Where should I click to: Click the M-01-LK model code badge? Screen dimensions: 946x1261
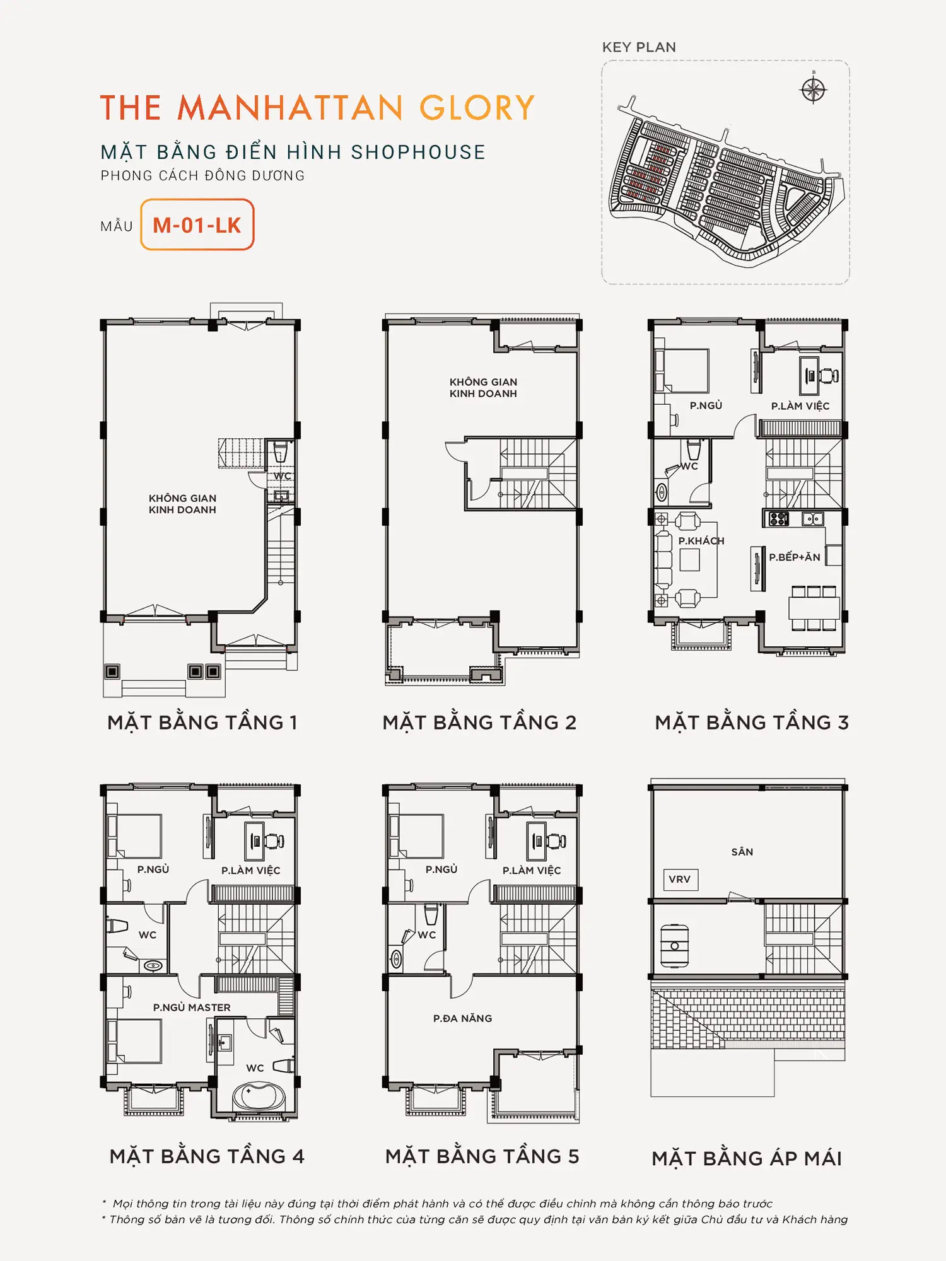(197, 224)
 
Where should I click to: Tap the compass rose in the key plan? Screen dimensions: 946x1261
(813, 90)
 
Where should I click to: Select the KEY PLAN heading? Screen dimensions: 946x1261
(639, 47)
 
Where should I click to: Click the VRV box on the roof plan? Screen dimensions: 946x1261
(680, 879)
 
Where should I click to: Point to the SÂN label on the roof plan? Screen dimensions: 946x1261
(742, 852)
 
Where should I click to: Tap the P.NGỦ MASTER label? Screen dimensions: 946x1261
(192, 1008)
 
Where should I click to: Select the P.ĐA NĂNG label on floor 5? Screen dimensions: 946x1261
(462, 1018)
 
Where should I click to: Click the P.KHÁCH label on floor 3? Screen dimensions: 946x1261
(701, 541)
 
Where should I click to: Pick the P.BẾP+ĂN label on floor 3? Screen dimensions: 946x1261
(795, 557)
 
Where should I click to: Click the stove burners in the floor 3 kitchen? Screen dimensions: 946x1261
(779, 519)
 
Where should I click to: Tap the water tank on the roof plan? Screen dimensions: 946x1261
(674, 946)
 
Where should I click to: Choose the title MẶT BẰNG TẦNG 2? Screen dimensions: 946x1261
(479, 722)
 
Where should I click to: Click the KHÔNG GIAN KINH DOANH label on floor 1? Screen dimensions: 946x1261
(182, 504)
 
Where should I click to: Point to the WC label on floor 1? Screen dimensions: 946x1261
(282, 476)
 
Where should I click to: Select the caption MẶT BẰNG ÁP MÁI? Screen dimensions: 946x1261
(747, 1158)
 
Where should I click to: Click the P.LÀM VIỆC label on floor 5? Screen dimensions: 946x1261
(532, 871)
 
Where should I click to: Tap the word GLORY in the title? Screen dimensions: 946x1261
(477, 108)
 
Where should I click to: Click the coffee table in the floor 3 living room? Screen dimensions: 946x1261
(689, 560)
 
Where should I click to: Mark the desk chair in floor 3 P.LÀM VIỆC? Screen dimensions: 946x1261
(829, 376)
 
